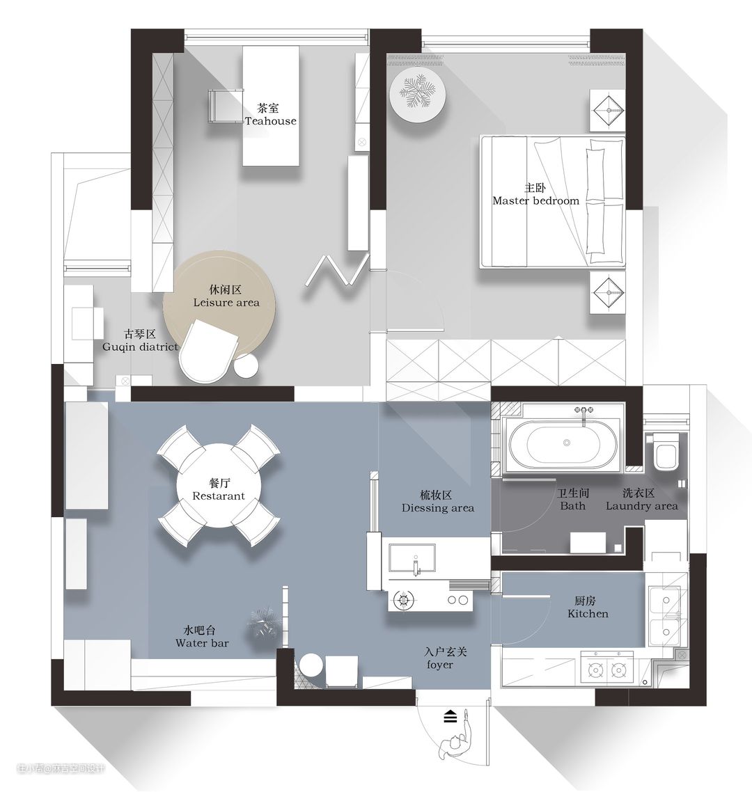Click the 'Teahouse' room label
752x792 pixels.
pos(271,121)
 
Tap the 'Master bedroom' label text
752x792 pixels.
pos(535,201)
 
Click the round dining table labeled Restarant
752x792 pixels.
pos(219,485)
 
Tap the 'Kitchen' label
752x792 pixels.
pos(588,615)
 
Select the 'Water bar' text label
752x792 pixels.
pos(202,644)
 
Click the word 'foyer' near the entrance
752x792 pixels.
pos(439,665)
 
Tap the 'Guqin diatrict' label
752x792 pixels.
pos(140,347)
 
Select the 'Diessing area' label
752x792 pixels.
pos(438,508)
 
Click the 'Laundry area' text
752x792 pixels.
pos(642,506)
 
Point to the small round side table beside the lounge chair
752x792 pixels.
pos(246,365)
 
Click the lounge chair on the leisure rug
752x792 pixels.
pos(208,351)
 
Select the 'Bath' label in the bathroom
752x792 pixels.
pos(572,506)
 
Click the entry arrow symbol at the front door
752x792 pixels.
pos(451,716)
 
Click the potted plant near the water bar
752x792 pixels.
pos(264,624)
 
